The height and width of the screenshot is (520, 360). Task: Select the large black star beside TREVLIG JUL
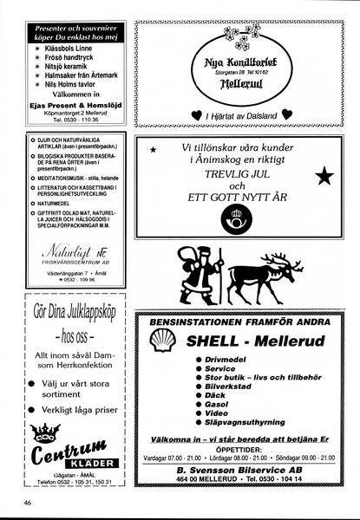[324, 178]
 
